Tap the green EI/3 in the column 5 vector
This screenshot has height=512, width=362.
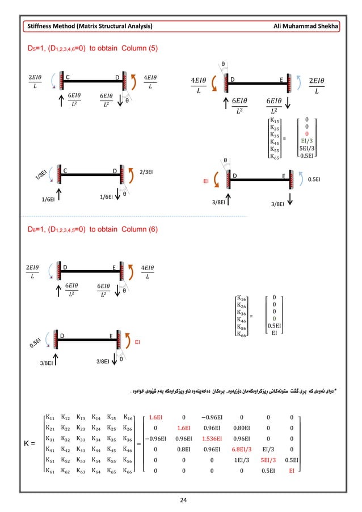click(306, 139)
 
